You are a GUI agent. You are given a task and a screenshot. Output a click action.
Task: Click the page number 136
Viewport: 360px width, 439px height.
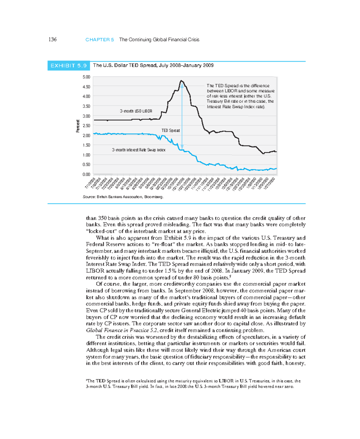tap(52, 40)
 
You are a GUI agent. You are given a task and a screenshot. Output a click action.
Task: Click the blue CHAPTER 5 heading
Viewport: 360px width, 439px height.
tap(100, 40)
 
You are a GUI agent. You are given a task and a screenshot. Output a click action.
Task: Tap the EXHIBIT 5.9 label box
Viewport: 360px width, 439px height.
tap(69, 66)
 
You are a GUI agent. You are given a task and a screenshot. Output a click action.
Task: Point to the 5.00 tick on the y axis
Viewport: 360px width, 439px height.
tap(86, 77)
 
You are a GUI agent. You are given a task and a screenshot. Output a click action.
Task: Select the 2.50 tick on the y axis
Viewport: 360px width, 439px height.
tap(86, 126)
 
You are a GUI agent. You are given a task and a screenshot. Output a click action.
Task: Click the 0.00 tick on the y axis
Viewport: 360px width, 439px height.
tap(86, 174)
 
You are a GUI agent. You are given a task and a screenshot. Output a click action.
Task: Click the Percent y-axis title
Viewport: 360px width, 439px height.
tap(78, 126)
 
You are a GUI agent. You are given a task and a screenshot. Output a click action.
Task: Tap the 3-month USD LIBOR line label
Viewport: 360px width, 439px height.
tap(136, 111)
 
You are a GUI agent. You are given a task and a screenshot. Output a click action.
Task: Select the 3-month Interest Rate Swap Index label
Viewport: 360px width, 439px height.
tap(139, 150)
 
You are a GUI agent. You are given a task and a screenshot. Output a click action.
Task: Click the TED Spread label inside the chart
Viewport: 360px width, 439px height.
tap(170, 130)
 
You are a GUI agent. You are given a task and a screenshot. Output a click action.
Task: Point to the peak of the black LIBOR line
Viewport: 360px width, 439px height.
tap(181, 81)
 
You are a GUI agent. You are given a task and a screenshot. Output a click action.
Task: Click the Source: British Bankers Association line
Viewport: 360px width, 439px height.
tap(123, 197)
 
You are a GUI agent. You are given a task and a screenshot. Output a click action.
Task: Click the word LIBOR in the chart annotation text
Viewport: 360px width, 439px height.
tap(231, 91)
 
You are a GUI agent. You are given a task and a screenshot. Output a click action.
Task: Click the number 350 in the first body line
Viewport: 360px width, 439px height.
tap(102, 218)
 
